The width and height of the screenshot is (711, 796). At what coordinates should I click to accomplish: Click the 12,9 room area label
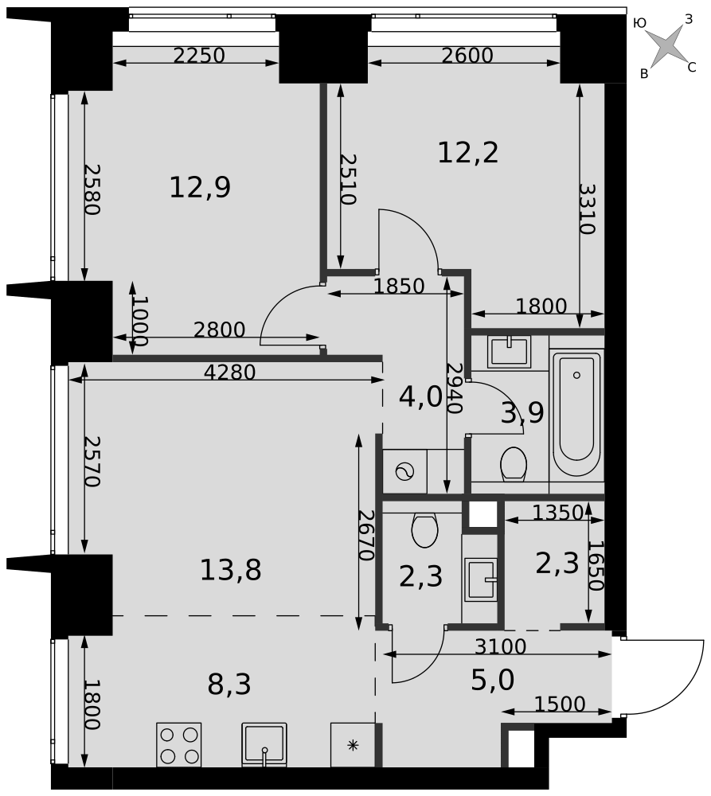point(200,187)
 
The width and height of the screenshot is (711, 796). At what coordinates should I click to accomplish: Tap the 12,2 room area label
point(467,152)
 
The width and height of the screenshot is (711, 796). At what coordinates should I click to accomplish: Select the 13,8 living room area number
point(231,570)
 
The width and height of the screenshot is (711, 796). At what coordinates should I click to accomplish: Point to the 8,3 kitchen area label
point(229,685)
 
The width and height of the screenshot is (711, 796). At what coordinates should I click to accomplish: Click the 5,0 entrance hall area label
point(493,681)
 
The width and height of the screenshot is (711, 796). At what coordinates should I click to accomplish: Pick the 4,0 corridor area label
point(420,397)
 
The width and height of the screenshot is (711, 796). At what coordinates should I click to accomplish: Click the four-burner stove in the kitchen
point(179,745)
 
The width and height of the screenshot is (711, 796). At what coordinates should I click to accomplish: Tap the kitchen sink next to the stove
point(264,745)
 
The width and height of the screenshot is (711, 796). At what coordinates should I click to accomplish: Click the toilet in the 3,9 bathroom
point(514,464)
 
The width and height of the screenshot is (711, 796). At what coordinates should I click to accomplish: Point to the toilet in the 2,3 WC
point(424,530)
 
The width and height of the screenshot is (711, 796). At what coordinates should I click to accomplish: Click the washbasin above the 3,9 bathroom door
point(509,351)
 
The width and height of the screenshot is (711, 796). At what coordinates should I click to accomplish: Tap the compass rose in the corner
point(666,47)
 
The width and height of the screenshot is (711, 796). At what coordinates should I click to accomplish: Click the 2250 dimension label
point(199,56)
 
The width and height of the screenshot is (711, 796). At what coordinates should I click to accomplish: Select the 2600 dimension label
point(467,56)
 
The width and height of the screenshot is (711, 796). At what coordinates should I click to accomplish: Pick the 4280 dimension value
point(229,373)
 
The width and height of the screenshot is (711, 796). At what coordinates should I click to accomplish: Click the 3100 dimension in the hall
point(500,646)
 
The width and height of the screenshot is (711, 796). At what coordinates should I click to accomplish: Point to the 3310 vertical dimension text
point(587,209)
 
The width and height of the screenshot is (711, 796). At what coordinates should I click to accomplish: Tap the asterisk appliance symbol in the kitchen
point(353,745)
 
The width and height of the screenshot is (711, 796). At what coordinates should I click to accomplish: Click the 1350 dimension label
point(557,513)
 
